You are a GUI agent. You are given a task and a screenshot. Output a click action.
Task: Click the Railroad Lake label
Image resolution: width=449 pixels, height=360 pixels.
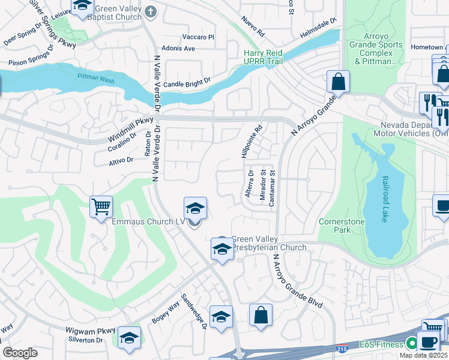pos(385,199)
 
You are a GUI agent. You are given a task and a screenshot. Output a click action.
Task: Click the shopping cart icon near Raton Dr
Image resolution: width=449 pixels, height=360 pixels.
pos(101,207)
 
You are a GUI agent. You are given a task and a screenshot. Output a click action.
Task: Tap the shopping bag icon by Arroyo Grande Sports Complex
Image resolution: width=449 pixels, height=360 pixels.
pos(338,82)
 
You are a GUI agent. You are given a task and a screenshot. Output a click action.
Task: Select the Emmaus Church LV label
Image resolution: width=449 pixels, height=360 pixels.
pos(148,222)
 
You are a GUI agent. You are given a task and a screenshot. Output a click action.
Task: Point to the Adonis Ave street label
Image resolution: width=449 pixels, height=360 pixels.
pos(178,48)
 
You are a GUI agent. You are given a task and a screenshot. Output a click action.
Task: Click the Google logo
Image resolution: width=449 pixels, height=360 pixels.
pos(20,353)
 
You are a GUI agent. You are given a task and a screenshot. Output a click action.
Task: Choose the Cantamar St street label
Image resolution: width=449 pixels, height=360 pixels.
pos(272,188)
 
